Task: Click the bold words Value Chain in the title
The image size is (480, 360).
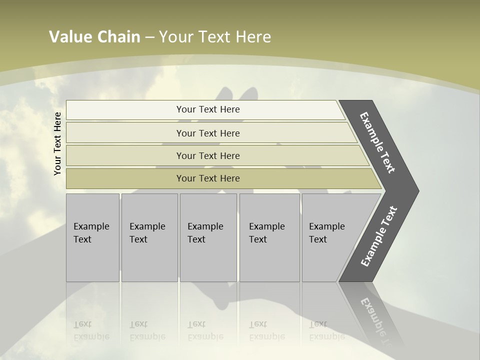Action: click(94, 37)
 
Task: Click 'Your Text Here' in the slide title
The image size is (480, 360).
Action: click(215, 37)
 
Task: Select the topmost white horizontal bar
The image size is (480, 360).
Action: click(205, 109)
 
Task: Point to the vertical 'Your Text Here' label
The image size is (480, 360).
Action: click(57, 143)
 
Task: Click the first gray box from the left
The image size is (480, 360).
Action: click(92, 237)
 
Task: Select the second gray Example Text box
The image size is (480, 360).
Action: click(149, 237)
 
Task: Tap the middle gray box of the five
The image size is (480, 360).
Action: click(208, 237)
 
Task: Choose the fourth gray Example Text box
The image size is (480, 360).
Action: click(269, 237)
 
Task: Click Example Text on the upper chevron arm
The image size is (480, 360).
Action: click(377, 142)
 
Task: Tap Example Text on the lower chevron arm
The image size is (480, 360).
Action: click(378, 236)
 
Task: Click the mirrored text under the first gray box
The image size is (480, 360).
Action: click(91, 330)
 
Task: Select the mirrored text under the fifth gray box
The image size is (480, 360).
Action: click(326, 330)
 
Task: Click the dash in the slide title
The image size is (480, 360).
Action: click(149, 37)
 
